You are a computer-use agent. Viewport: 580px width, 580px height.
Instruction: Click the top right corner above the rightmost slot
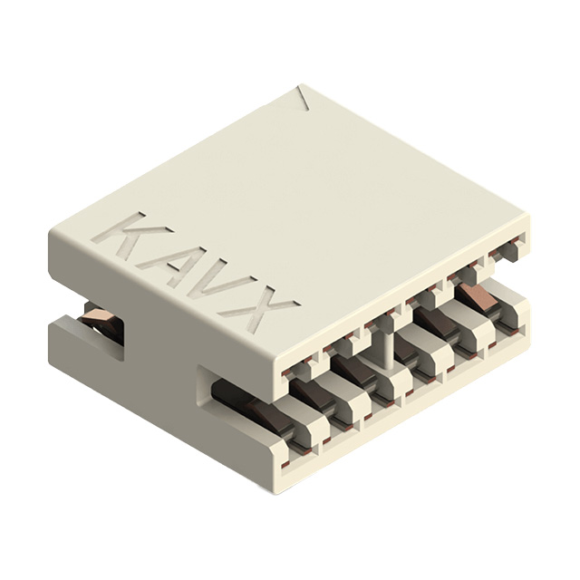tap(526, 218)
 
